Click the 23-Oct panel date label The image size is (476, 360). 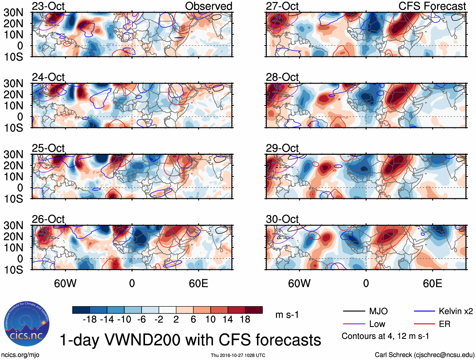[48, 6]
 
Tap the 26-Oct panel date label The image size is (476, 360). [48, 219]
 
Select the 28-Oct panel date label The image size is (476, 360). [282, 77]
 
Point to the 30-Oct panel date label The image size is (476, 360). [282, 219]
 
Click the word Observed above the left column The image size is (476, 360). [208, 6]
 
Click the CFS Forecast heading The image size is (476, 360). [432, 6]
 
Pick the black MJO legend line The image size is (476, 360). [354, 311]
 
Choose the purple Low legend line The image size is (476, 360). [354, 324]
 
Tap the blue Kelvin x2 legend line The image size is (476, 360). [424, 311]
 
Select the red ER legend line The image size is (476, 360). [424, 324]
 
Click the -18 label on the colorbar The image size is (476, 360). [90, 320]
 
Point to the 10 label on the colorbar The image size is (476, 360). [210, 320]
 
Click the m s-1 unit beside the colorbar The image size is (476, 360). [287, 315]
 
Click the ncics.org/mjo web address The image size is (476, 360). [20, 355]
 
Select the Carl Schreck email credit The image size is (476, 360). [424, 355]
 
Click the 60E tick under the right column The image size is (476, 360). [432, 283]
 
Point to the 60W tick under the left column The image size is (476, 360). [65, 283]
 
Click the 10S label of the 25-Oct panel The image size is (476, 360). [13, 199]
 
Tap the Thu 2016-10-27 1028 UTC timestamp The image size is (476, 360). [238, 355]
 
